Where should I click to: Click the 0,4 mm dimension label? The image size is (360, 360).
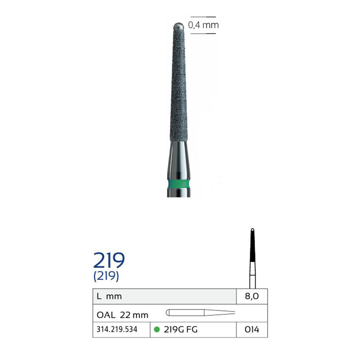pyautogui.click(x=203, y=25)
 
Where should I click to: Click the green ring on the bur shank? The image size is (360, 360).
pyautogui.click(x=179, y=184)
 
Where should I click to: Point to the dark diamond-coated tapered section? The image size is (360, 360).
pyautogui.click(x=178, y=85)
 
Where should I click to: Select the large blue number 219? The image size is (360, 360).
pyautogui.click(x=109, y=260)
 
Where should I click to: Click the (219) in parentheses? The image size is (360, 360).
pyautogui.click(x=106, y=276)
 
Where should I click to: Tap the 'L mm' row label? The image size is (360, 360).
pyautogui.click(x=109, y=296)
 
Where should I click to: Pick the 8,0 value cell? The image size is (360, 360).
pyautogui.click(x=252, y=296)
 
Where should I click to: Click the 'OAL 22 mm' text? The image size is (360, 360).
pyautogui.click(x=122, y=315)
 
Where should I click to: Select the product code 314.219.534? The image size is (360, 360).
pyautogui.click(x=117, y=329)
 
